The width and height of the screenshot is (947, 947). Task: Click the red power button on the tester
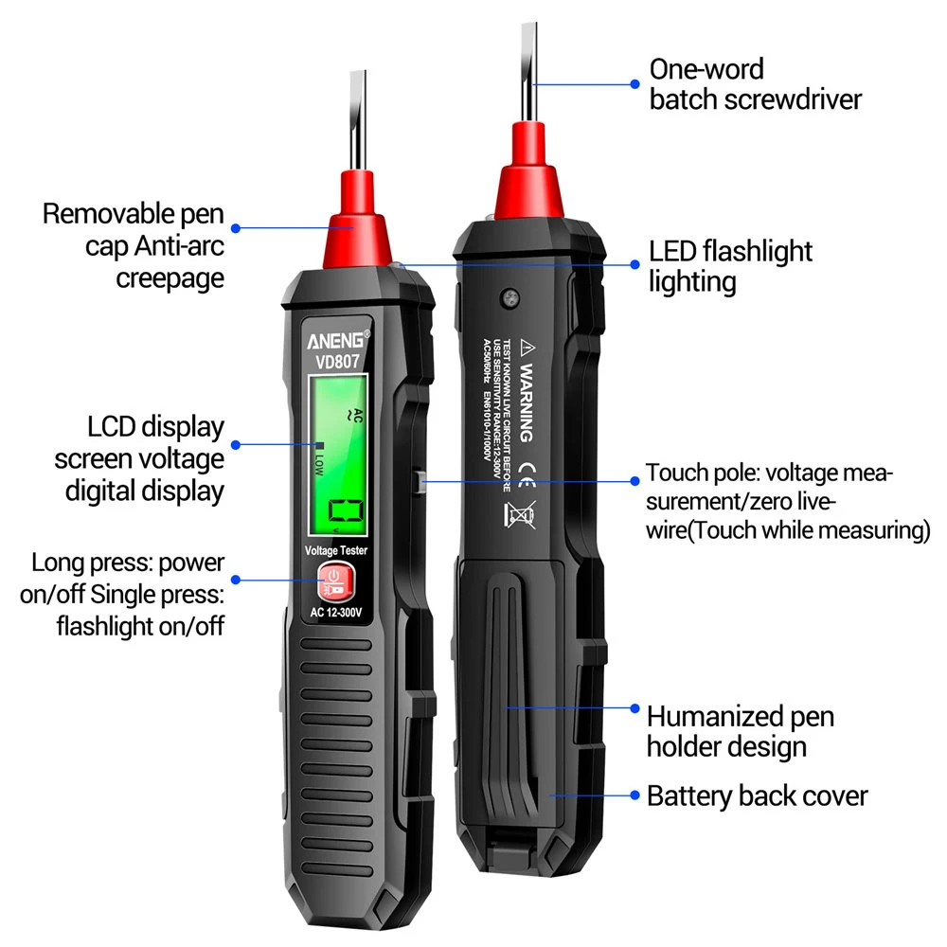click(x=334, y=580)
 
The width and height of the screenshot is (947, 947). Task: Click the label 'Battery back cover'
click(x=757, y=795)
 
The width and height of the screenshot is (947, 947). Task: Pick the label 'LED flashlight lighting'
click(x=730, y=266)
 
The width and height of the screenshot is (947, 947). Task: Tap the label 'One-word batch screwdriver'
click(x=755, y=83)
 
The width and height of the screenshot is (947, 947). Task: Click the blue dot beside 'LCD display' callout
click(x=236, y=443)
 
